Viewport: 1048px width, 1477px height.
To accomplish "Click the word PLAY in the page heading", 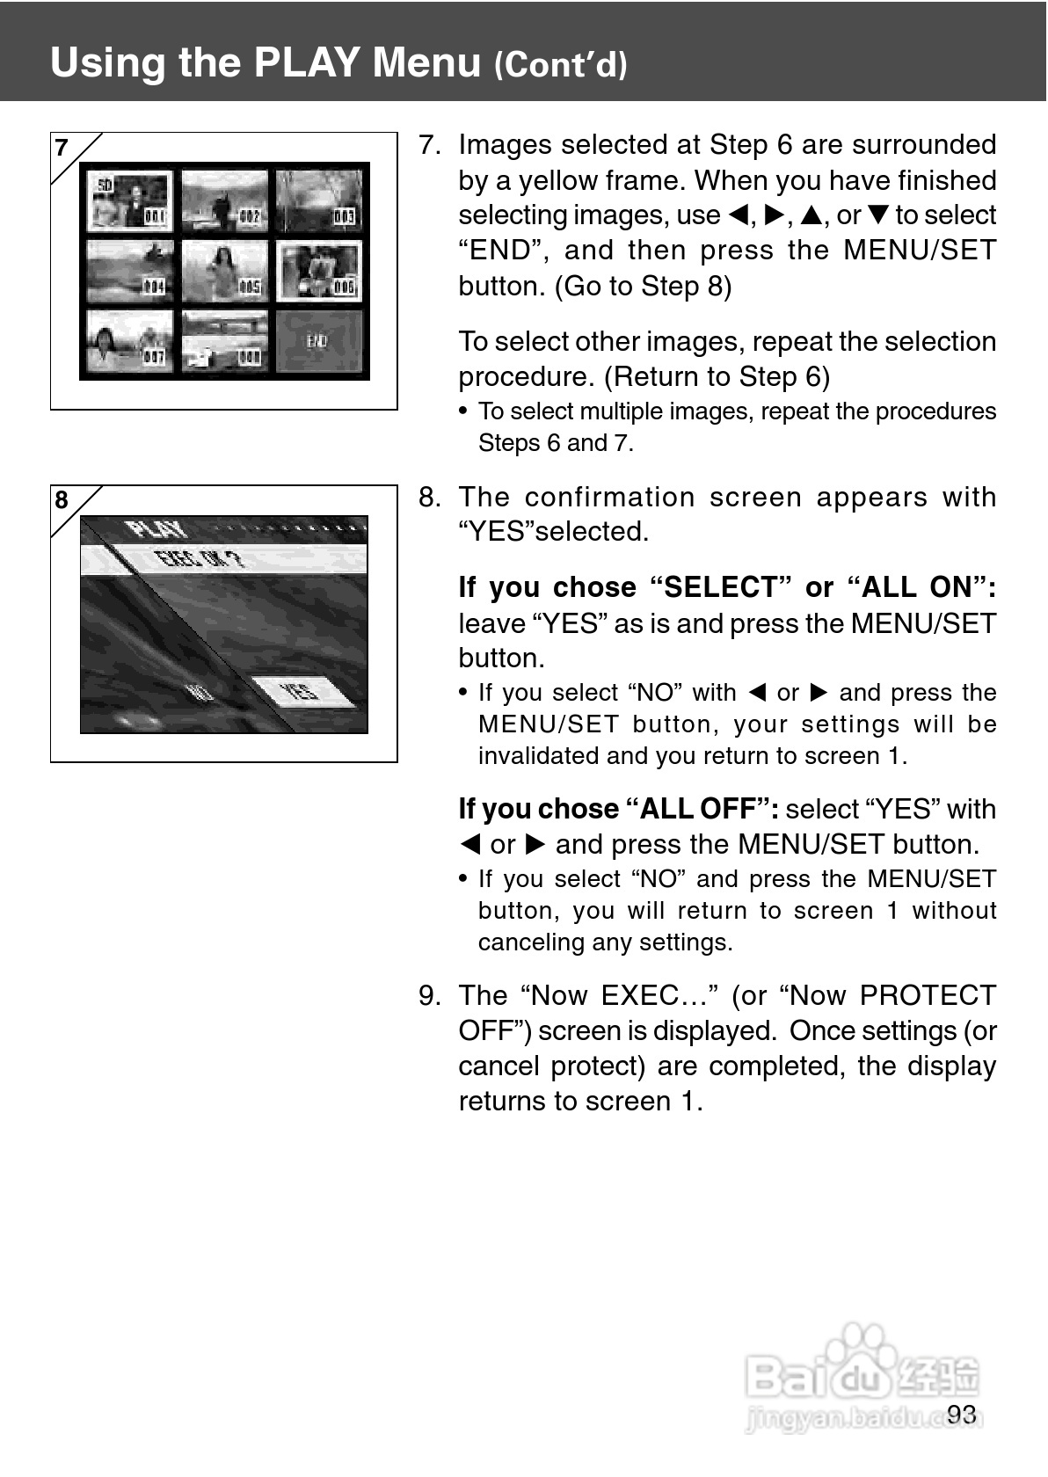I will pyautogui.click(x=307, y=62).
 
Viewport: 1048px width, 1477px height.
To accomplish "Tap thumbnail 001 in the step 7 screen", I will pyautogui.click(x=130, y=201).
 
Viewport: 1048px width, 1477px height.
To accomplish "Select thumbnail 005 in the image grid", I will pyautogui.click(x=225, y=271).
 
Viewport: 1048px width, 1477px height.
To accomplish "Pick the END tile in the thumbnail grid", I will pyautogui.click(x=318, y=341).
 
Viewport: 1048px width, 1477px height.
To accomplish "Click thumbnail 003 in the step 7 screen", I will pyautogui.click(x=318, y=201).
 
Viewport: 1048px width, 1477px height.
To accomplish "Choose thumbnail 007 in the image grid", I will pyautogui.click(x=130, y=341).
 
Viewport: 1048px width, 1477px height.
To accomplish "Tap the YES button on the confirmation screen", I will pyautogui.click(x=301, y=692).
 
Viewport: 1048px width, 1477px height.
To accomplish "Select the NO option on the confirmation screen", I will pyautogui.click(x=200, y=692).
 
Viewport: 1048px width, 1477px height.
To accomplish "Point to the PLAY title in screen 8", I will pyautogui.click(x=156, y=529).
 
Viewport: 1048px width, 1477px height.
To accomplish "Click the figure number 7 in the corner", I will pyautogui.click(x=62, y=148).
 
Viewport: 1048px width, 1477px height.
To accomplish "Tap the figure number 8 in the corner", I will pyautogui.click(x=62, y=500).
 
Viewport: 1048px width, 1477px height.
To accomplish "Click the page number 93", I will pyautogui.click(x=962, y=1414).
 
